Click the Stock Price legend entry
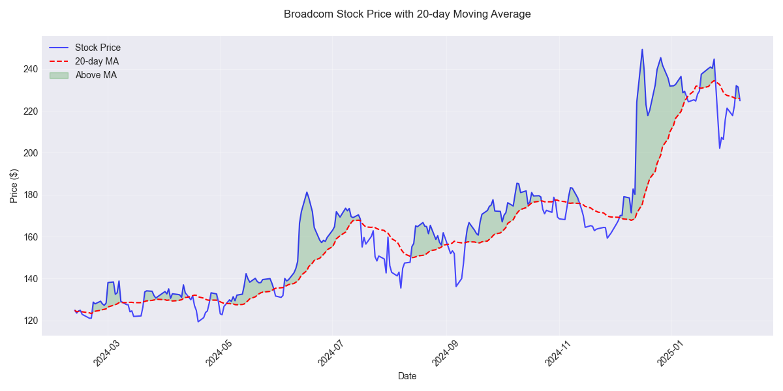[x=98, y=48]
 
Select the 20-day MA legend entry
[x=97, y=61]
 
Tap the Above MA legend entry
[x=96, y=75]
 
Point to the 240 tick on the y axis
[x=30, y=69]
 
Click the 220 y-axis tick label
[x=30, y=111]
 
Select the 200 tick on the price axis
[x=30, y=153]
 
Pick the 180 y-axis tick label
[x=30, y=195]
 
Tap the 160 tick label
[x=30, y=237]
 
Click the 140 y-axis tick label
[x=30, y=279]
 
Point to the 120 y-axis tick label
[x=30, y=321]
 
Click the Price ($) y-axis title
[x=14, y=185]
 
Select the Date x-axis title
[x=407, y=376]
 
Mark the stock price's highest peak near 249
[x=642, y=50]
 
